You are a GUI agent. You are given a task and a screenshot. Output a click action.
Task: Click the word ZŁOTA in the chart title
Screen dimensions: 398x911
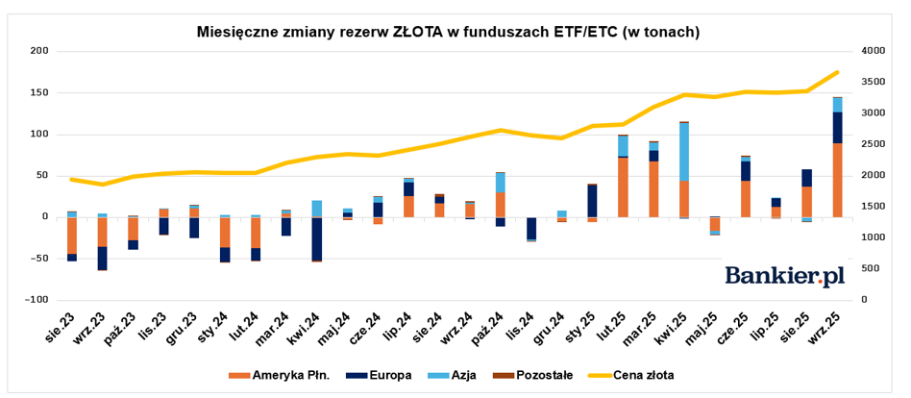pos(418,32)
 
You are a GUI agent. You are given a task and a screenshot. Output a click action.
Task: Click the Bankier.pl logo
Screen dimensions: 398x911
pos(784,276)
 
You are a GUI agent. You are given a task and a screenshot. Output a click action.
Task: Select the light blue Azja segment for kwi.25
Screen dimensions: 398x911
pos(684,151)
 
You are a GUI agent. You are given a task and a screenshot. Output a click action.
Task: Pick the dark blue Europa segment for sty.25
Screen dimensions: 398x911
pos(593,201)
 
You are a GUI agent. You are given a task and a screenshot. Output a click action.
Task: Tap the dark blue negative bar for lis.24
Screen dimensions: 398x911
pos(531,229)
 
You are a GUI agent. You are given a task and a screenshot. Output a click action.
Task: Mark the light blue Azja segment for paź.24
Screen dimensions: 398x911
pos(501,182)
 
